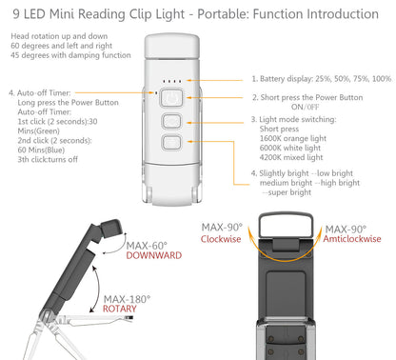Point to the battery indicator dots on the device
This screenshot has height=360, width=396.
coord(171,81)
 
